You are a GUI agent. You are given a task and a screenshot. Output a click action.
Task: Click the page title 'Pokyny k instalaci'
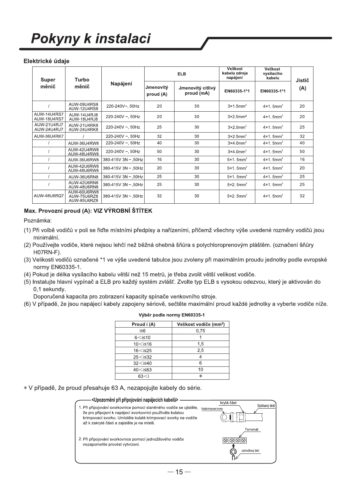click(91, 39)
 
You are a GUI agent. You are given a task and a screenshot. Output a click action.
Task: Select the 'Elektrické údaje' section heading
click(46, 61)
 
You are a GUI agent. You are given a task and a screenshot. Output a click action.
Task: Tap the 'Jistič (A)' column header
click(302, 84)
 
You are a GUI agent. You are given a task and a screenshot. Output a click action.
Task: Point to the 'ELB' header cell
click(181, 74)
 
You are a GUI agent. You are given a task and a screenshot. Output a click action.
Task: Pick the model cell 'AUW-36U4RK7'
click(49, 136)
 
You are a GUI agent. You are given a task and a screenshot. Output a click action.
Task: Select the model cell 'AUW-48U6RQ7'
click(49, 196)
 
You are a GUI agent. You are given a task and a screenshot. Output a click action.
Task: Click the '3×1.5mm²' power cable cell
click(237, 106)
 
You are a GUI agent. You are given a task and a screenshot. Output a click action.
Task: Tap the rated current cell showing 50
click(159, 151)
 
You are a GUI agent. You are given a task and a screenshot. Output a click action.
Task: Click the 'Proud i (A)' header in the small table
click(144, 325)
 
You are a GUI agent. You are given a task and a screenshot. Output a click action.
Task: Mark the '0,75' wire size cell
click(200, 331)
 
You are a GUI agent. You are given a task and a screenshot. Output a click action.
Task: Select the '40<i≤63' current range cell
click(143, 370)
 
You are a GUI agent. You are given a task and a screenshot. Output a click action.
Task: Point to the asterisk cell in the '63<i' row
click(200, 376)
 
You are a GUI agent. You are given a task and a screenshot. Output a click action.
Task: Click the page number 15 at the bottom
click(180, 472)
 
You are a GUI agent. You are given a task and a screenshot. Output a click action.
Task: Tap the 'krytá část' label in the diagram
click(228, 403)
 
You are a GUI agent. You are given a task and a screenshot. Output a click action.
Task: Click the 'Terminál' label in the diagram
click(251, 429)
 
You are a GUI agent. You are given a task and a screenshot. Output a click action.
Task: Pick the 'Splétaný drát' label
click(266, 406)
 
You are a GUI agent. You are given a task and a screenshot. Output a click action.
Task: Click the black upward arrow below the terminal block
click(233, 446)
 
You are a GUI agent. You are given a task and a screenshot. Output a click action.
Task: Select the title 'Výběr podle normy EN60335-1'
click(172, 315)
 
